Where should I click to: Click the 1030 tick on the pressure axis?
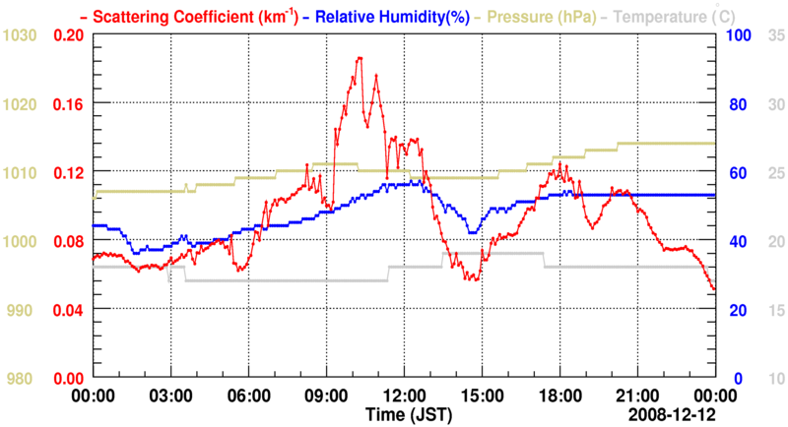tap(20, 35)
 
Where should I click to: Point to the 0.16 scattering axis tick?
tap(68, 104)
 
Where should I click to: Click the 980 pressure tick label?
tap(20, 379)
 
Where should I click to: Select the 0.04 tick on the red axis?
tap(68, 310)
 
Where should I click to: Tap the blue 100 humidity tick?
tap(739, 35)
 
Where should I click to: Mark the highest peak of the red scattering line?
tap(360, 58)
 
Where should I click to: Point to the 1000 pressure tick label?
tap(20, 242)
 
